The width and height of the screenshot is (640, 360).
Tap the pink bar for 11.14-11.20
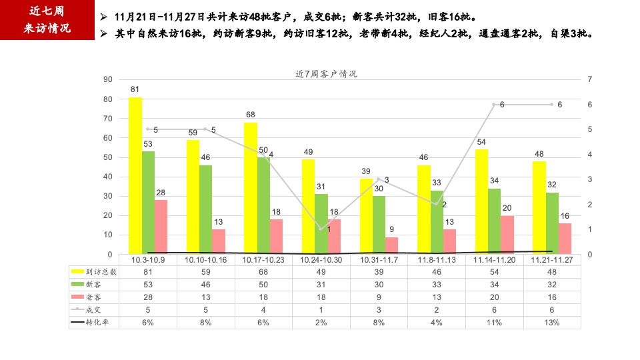coord(507,234)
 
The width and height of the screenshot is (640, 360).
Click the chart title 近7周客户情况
coord(326,74)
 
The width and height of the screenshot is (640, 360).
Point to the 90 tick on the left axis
coord(107,79)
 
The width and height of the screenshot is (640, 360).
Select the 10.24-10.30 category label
coord(321,259)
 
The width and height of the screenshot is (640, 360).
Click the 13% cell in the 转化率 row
coord(552,322)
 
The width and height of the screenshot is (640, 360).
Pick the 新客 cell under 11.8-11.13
coord(437,284)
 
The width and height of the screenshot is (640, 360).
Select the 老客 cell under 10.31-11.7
coord(379,297)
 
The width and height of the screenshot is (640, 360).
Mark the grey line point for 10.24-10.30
coord(321,229)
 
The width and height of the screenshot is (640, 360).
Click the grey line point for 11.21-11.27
coord(551,104)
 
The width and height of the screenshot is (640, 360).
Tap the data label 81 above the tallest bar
coord(135,89)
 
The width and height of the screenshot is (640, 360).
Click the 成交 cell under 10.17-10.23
coord(263,309)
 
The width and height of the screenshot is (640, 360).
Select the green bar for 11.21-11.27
coord(552,223)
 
